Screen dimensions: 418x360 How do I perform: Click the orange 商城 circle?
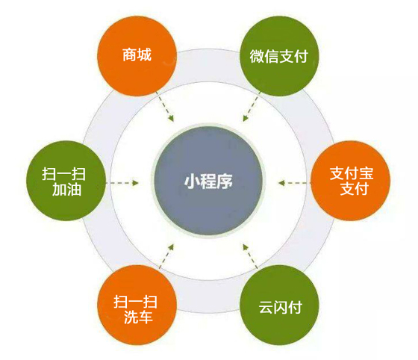click(137, 56)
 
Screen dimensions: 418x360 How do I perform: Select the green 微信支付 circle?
click(279, 56)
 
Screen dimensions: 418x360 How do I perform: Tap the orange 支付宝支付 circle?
click(351, 181)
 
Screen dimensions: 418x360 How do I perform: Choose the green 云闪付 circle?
click(279, 305)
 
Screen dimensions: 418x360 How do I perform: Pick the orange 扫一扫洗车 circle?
click(137, 305)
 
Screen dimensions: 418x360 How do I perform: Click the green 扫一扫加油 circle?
click(66, 181)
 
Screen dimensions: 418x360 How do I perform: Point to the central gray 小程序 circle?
click(208, 181)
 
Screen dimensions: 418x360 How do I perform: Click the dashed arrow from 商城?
click(165, 107)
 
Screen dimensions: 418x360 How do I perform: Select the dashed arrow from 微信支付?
click(252, 107)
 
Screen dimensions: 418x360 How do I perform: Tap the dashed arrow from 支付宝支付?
click(294, 183)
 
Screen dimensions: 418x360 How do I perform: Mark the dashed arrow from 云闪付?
click(250, 256)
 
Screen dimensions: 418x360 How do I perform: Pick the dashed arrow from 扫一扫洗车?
click(166, 256)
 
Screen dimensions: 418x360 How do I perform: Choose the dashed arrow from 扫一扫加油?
click(122, 183)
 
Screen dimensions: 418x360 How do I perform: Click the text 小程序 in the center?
click(208, 181)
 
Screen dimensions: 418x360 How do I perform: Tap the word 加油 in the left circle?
click(66, 190)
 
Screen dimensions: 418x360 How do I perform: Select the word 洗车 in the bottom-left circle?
click(138, 317)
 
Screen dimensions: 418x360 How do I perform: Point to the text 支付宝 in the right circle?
click(352, 173)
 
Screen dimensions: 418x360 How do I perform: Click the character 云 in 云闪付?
click(266, 307)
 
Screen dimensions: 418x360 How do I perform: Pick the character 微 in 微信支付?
click(257, 56)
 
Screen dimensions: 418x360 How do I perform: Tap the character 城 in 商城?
click(144, 55)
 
